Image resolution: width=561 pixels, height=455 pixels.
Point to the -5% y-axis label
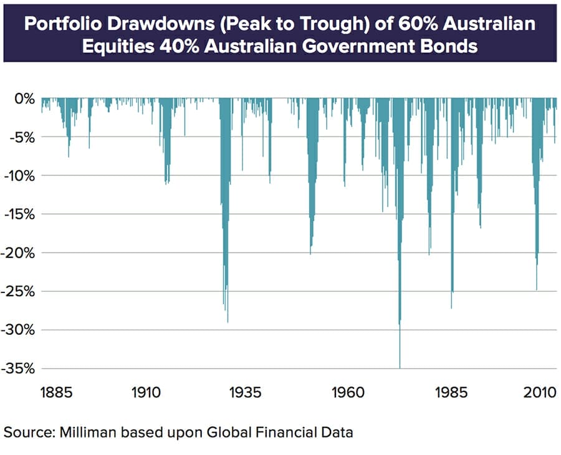click(21, 137)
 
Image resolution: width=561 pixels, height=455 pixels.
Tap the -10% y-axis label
click(19, 176)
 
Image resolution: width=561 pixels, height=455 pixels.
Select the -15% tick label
click(19, 214)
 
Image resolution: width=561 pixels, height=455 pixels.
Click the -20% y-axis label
click(19, 253)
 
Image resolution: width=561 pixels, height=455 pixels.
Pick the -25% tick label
click(19, 292)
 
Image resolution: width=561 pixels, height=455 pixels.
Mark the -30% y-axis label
click(19, 330)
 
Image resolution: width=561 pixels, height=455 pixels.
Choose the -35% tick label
click(19, 369)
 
